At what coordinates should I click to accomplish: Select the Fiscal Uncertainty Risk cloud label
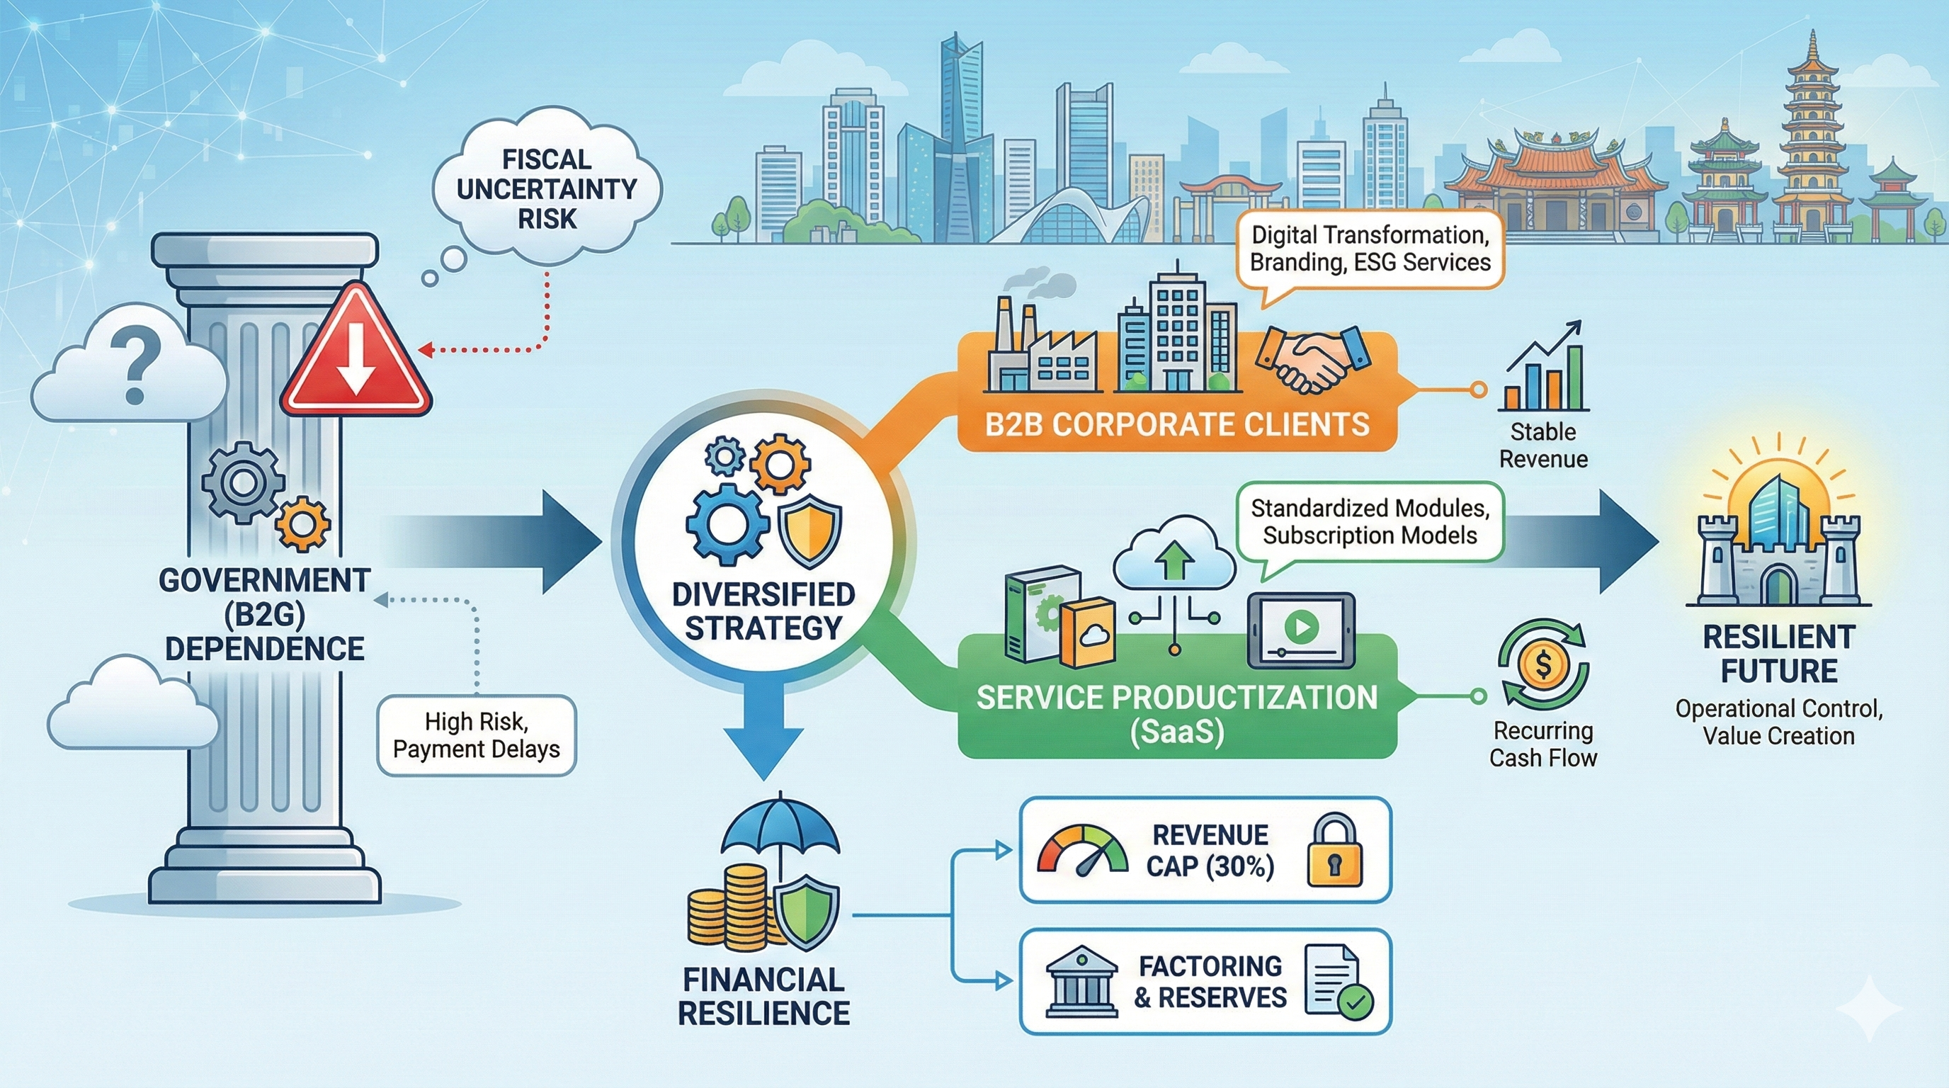pos(546,189)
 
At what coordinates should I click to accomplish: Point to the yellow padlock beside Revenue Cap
pos(1335,851)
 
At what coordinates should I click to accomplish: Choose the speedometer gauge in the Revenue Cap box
pos(1083,851)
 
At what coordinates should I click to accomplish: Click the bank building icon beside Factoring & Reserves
pos(1082,981)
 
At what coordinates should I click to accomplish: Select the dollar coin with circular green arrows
pos(1543,666)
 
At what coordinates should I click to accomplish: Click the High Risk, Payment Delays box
pos(477,735)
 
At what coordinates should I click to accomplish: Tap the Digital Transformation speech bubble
pos(1370,249)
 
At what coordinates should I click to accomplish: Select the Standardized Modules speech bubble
pos(1370,522)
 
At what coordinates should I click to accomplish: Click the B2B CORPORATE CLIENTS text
pos(1176,424)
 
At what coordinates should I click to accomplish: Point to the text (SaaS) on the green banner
pos(1176,732)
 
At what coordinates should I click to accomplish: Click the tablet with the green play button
pos(1300,630)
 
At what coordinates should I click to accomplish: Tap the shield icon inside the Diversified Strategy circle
pos(809,531)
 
